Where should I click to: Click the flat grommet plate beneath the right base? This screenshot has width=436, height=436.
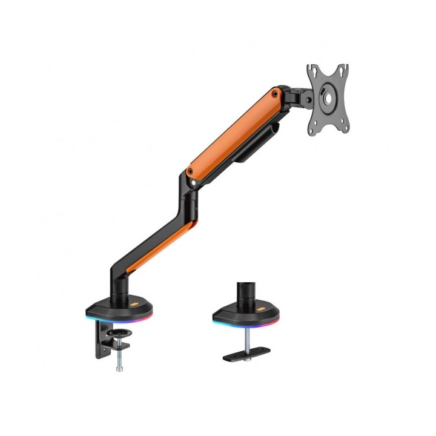(248, 352)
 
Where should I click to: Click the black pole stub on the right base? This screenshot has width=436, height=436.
(247, 289)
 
